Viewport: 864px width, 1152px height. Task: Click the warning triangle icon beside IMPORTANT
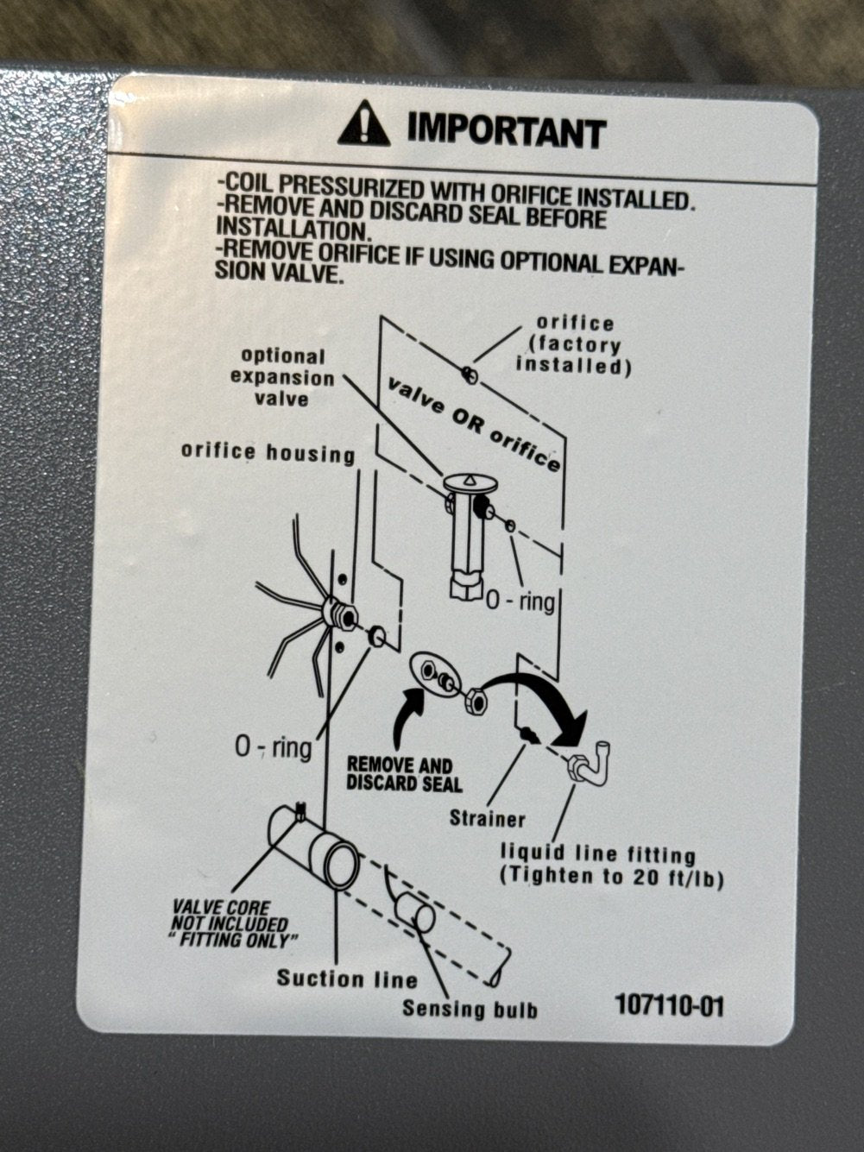click(x=363, y=123)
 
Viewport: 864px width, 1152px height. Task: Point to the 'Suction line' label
click(x=347, y=979)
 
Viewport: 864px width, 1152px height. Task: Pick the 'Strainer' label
click(x=487, y=819)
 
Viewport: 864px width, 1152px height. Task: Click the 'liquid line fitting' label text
click(x=598, y=854)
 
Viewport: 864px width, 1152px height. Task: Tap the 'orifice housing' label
click(x=268, y=453)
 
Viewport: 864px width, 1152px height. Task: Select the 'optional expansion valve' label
click(x=282, y=378)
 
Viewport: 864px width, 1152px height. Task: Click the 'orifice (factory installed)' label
click(x=574, y=345)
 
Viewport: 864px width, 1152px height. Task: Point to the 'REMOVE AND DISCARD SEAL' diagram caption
click(x=404, y=774)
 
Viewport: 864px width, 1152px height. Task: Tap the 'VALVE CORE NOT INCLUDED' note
click(x=231, y=923)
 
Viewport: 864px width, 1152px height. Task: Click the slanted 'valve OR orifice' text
click(x=474, y=423)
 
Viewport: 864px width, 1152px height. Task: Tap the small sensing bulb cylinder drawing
click(x=414, y=912)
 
